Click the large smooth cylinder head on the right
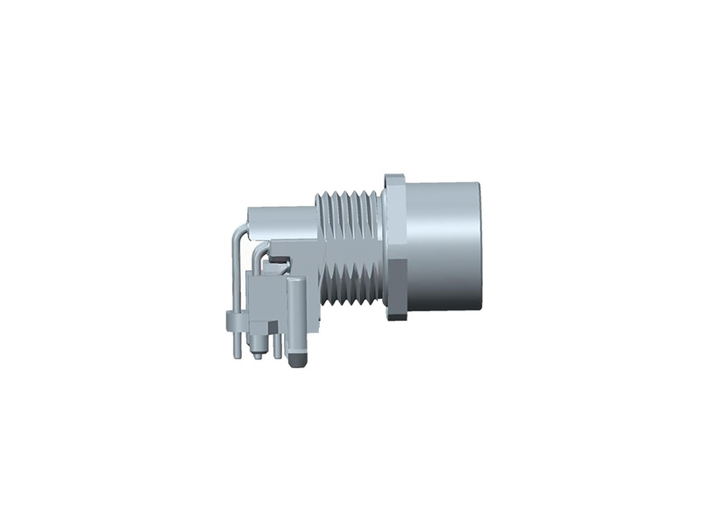click(x=443, y=247)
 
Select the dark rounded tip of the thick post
click(x=296, y=359)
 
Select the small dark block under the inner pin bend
click(x=278, y=259)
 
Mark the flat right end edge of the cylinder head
click(x=481, y=247)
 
